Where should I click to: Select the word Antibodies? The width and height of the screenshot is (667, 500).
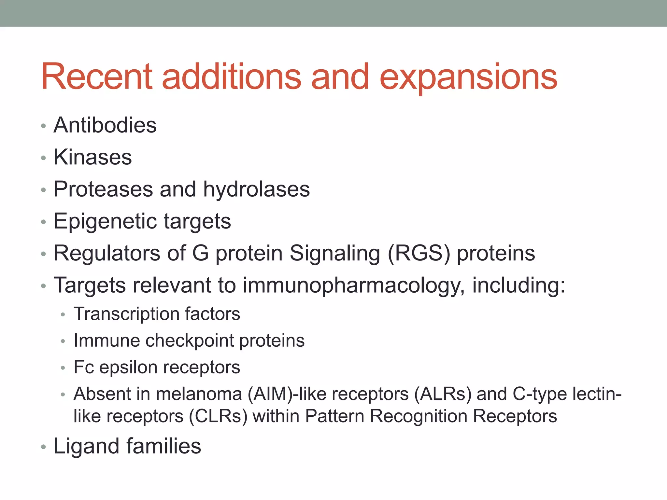point(105,125)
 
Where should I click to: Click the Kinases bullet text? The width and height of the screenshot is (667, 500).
point(92,157)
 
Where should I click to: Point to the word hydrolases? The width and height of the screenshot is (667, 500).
point(256,189)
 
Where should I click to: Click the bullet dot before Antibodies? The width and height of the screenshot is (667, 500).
point(43,126)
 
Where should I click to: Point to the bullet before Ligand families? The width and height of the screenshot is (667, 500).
point(43,447)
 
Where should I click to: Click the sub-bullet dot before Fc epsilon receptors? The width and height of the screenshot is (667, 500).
point(63,368)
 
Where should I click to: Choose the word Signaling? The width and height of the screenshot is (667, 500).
point(335,253)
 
